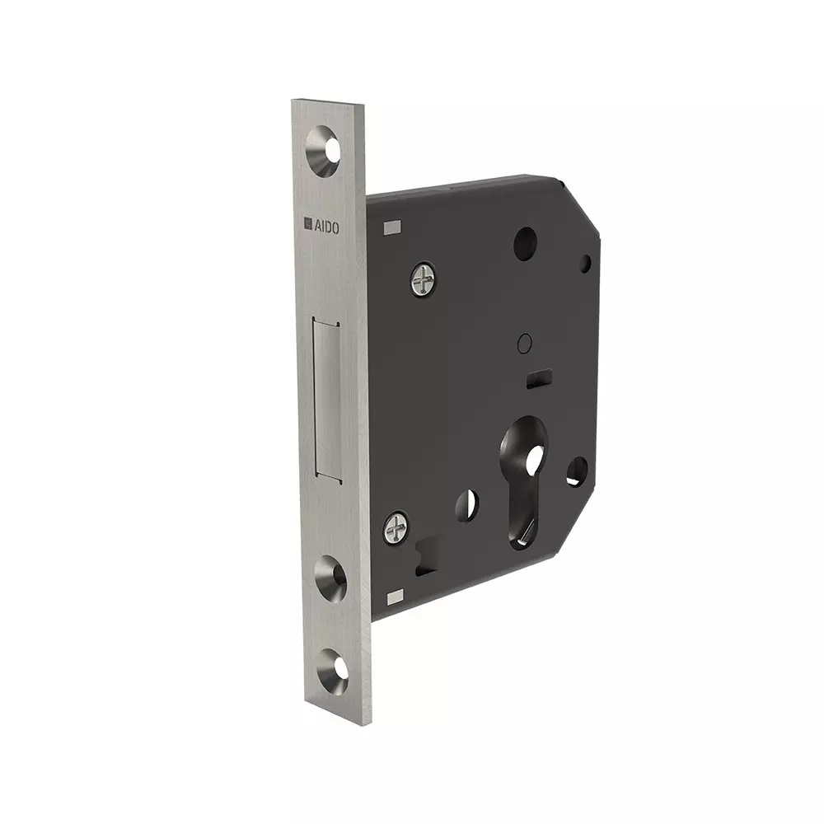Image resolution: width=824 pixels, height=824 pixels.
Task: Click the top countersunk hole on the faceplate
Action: tap(324, 152)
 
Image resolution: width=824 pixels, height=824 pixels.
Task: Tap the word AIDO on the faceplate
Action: tap(327, 227)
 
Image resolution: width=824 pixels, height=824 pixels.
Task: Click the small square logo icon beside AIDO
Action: tap(308, 224)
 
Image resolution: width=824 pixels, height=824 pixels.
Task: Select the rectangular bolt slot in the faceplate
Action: tap(327, 399)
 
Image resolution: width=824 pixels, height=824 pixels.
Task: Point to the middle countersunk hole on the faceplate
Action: tap(331, 578)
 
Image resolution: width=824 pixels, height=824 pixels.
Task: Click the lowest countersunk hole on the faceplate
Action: tap(333, 671)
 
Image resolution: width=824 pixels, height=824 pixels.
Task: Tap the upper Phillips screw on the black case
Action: tap(424, 279)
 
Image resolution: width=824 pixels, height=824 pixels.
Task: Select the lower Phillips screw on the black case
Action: tap(396, 527)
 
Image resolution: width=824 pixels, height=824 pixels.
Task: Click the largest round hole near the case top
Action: tap(525, 244)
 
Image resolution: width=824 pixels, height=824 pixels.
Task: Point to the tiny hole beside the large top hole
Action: tap(585, 264)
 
